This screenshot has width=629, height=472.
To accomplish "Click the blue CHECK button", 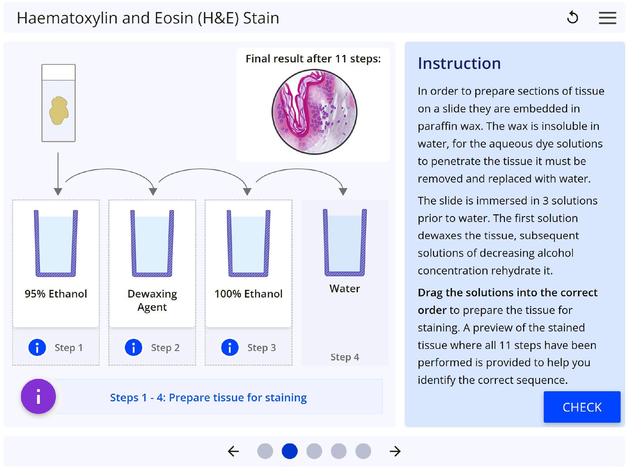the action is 582,407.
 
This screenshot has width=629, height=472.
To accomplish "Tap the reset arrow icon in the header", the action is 572,17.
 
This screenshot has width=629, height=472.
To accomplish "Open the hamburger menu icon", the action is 607,18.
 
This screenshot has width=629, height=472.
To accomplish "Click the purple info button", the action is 38,396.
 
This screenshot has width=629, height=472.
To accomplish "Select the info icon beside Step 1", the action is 37,348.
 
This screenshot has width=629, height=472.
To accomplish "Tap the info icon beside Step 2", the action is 133,348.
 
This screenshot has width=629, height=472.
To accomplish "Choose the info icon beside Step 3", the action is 230,348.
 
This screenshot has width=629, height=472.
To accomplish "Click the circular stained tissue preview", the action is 314,112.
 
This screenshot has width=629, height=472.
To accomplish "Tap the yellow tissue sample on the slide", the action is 59,110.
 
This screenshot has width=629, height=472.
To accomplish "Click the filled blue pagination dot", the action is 290,451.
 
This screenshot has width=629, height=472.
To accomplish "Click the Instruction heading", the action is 459,64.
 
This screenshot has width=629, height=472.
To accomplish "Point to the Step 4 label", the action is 345,357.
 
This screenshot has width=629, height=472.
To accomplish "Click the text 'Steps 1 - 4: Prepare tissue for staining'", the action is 208,398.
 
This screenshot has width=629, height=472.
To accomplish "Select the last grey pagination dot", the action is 363,451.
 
